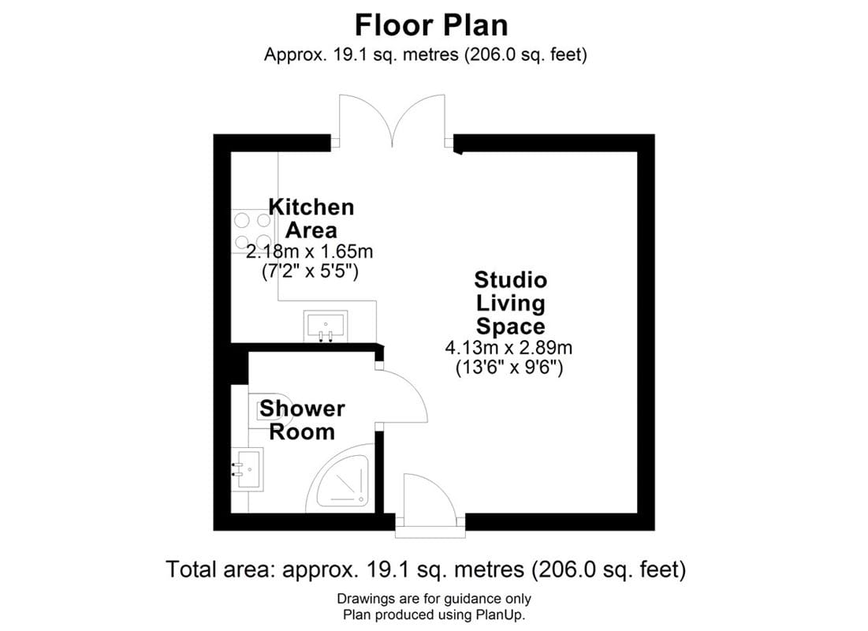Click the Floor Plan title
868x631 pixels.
[x=431, y=24]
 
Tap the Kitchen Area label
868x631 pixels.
[x=311, y=218]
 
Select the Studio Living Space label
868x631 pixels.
[x=510, y=303]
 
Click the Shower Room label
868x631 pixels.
[x=302, y=420]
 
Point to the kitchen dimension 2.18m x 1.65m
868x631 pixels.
[x=309, y=253]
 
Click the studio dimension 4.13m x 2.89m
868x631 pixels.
[x=509, y=348]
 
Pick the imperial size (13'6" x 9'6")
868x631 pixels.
[x=509, y=368]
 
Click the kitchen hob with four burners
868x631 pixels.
[x=251, y=231]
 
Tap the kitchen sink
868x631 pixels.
[x=325, y=326]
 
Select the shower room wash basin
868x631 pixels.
[x=248, y=469]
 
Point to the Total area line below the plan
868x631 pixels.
[x=426, y=569]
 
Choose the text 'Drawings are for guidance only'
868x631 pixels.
[x=434, y=599]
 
